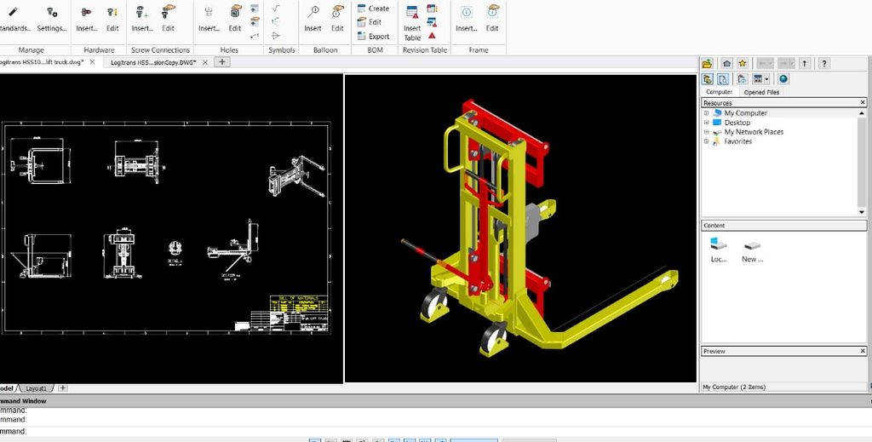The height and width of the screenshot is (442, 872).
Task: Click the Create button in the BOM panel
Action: (x=373, y=9)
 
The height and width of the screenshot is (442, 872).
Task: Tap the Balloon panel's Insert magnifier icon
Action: (x=313, y=12)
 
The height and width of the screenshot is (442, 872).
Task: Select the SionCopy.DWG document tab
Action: (x=154, y=62)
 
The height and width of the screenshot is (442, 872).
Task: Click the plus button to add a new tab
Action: (x=222, y=62)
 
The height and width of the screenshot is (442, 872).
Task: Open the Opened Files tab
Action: (x=760, y=92)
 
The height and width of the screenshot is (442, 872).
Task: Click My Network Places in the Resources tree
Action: (x=754, y=132)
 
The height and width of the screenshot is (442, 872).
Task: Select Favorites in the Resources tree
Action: (x=737, y=141)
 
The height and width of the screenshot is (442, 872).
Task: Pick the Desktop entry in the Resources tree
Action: (x=737, y=123)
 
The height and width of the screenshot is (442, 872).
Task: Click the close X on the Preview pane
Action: (x=863, y=351)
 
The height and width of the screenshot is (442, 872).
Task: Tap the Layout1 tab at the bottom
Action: (x=37, y=388)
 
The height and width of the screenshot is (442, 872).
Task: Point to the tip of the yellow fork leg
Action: (x=669, y=278)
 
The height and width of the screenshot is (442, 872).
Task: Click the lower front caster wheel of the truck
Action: (x=491, y=341)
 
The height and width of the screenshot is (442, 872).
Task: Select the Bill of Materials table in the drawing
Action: (x=299, y=306)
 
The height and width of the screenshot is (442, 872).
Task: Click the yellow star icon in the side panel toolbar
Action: (x=742, y=63)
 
